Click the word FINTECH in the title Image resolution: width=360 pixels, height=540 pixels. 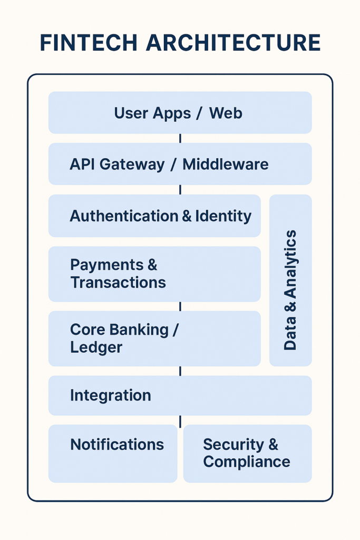coord(89,43)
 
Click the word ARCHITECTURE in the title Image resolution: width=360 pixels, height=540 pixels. coord(233,43)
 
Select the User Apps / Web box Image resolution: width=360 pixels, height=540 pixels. coord(180,113)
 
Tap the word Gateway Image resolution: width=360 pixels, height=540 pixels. coord(132,165)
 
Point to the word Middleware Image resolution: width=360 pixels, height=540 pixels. coord(226,165)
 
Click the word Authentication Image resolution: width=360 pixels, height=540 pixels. coord(124,216)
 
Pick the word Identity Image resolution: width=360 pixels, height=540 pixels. coord(223,216)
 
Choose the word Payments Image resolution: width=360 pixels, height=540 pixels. coord(107,265)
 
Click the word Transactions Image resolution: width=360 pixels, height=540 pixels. coord(118,283)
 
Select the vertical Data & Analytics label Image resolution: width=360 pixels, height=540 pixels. coord(290,290)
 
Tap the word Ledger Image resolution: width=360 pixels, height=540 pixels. coord(96,348)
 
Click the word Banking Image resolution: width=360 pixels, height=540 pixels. coord(139,330)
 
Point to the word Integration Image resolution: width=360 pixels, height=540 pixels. coord(111,396)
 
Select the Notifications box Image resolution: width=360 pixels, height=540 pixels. coord(113,454)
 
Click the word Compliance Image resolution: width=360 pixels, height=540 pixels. coord(247,462)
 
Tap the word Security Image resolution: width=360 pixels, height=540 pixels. coord(233,445)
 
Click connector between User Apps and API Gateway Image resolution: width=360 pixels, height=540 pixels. coord(180,139)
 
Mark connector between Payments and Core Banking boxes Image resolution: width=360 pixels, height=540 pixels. coord(180,306)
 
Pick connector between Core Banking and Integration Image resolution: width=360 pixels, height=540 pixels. coord(180,371)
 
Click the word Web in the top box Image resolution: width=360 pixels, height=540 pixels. coord(226,113)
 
